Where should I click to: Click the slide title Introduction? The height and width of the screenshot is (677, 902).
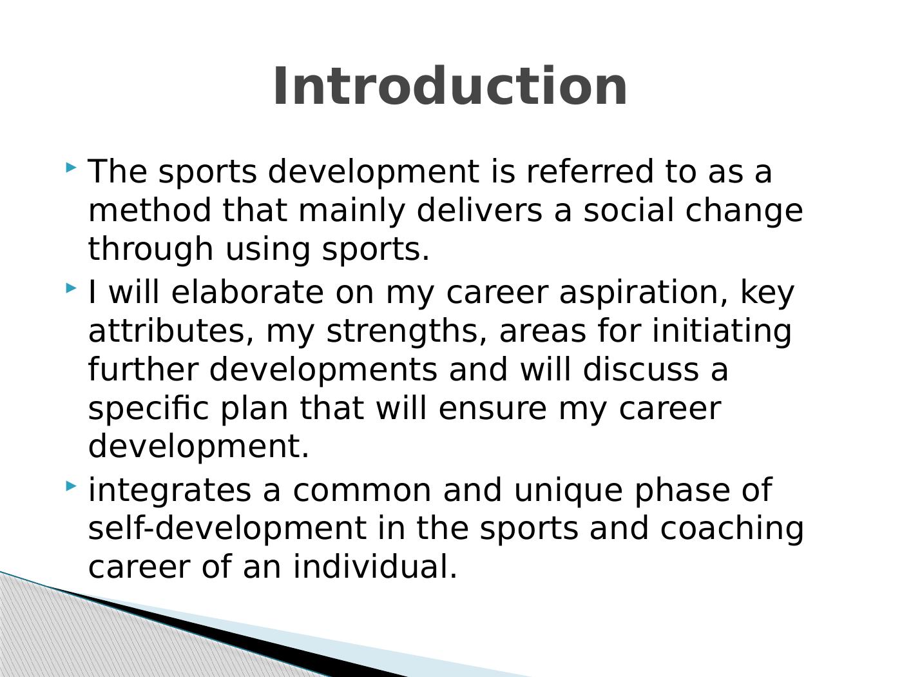pyautogui.click(x=450, y=86)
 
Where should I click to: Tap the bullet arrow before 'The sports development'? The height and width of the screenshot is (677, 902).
pyautogui.click(x=71, y=167)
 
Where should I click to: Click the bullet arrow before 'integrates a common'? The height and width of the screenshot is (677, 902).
pyautogui.click(x=71, y=487)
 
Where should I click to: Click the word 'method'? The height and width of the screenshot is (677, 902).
pyautogui.click(x=149, y=210)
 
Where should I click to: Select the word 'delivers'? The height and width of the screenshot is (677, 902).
pyautogui.click(x=479, y=210)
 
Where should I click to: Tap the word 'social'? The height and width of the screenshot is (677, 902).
pyautogui.click(x=629, y=210)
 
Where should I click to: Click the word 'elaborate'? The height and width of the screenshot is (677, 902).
pyautogui.click(x=247, y=292)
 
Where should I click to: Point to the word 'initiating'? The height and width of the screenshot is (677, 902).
pyautogui.click(x=722, y=332)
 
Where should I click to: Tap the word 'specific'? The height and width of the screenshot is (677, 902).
pyautogui.click(x=148, y=409)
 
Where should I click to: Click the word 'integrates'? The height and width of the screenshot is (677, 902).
pyautogui.click(x=169, y=491)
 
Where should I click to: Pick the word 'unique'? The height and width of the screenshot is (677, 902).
pyautogui.click(x=568, y=491)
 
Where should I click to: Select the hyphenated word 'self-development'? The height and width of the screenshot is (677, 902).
pyautogui.click(x=227, y=528)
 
